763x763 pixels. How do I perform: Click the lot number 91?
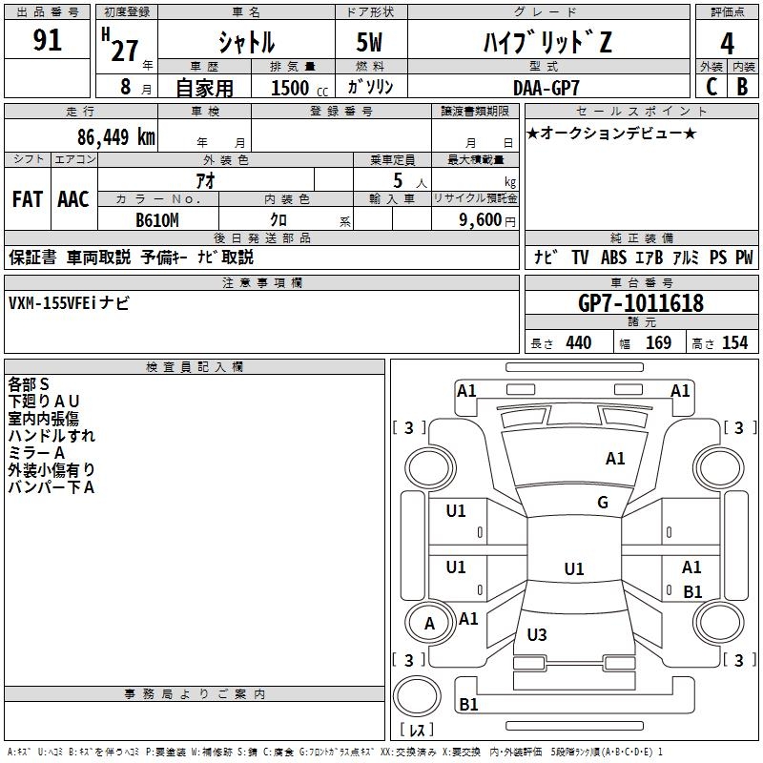pyautogui.click(x=47, y=40)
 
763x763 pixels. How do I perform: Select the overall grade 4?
pyautogui.click(x=727, y=43)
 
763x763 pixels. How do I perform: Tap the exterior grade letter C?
pyautogui.click(x=711, y=87)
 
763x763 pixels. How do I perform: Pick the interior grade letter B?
pyautogui.click(x=742, y=87)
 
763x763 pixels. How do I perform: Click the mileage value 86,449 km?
pyautogui.click(x=116, y=137)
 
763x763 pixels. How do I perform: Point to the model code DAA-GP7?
pyautogui.click(x=546, y=88)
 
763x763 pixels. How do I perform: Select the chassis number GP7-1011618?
pyautogui.click(x=640, y=303)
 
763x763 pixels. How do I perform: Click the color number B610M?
pyautogui.click(x=157, y=220)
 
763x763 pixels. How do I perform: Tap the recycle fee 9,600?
pyautogui.click(x=481, y=220)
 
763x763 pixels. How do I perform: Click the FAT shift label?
pyautogui.click(x=28, y=199)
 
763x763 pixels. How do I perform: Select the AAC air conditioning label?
pyautogui.click(x=73, y=199)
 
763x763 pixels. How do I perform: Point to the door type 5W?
pyautogui.click(x=369, y=42)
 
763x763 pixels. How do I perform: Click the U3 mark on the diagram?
pyautogui.click(x=537, y=634)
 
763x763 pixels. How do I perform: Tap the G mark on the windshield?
pyautogui.click(x=603, y=503)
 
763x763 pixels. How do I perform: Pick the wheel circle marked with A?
pyautogui.click(x=429, y=623)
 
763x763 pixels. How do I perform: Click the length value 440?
pyautogui.click(x=578, y=343)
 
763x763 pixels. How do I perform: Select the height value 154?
pyautogui.click(x=734, y=343)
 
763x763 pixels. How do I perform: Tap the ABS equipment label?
pyautogui.click(x=613, y=258)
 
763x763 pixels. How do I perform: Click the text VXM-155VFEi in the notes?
pyautogui.click(x=52, y=303)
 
